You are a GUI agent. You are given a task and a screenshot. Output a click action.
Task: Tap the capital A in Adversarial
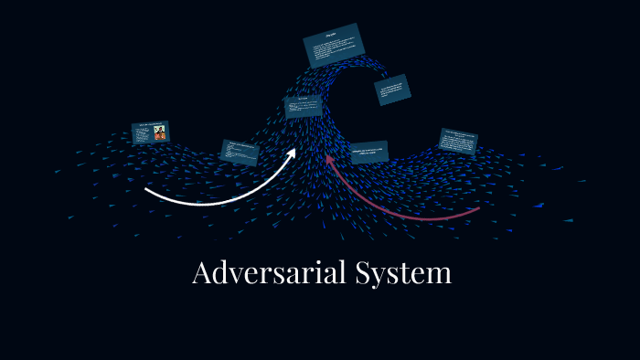[x=203, y=273]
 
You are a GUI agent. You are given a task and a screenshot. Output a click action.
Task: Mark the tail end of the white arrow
[x=147, y=190]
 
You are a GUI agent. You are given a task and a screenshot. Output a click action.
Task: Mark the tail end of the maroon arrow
[x=478, y=209]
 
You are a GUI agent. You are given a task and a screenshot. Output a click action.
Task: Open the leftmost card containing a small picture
[x=150, y=132]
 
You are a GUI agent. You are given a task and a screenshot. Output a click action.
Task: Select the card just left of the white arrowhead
[x=241, y=151]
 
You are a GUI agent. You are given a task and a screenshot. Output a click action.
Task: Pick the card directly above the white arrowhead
[x=302, y=107]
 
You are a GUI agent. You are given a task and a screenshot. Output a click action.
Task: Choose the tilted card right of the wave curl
[x=392, y=90]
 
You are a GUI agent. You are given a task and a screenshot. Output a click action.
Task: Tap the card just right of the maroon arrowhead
[x=369, y=152]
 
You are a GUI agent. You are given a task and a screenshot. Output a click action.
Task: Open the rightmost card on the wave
[x=458, y=142]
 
